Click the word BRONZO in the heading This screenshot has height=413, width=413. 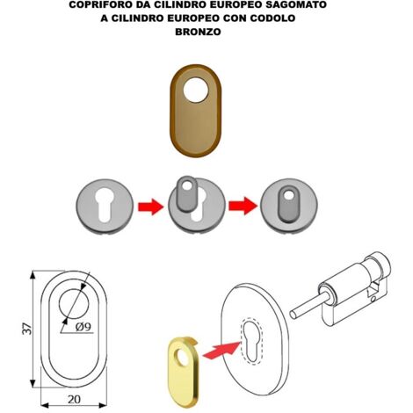(x=198, y=32)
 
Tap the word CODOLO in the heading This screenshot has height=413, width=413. (x=272, y=18)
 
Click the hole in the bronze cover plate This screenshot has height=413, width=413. (x=196, y=90)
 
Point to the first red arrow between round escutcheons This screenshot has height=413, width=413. (x=150, y=206)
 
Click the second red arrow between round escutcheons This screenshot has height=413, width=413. (x=243, y=206)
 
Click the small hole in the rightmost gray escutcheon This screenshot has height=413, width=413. (x=289, y=194)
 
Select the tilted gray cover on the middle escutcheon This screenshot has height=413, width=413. (x=187, y=194)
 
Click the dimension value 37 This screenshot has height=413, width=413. (x=27, y=329)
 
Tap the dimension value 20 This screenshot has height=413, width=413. (x=74, y=399)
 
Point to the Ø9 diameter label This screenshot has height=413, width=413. (x=83, y=326)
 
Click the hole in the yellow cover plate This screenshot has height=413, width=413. (x=182, y=358)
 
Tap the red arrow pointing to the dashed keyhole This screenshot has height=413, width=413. (x=221, y=350)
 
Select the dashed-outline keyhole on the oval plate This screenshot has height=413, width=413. (x=251, y=341)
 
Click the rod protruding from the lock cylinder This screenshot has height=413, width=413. (x=308, y=305)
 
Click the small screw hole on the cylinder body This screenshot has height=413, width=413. (x=373, y=300)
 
